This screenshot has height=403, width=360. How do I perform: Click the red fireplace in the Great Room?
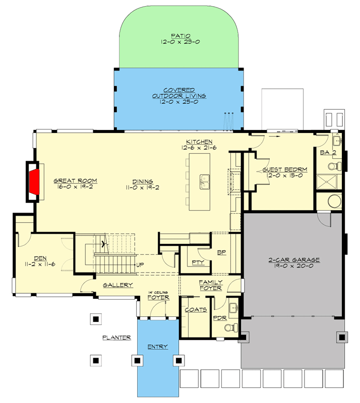(x=34, y=181)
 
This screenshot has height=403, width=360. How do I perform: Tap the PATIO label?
(x=180, y=36)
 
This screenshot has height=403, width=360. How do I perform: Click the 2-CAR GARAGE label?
(x=294, y=260)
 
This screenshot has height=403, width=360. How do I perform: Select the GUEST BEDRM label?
(x=285, y=170)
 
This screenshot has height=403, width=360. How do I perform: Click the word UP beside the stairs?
(x=140, y=265)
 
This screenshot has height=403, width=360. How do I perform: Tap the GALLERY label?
(x=118, y=285)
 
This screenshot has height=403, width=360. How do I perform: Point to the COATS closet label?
(x=196, y=310)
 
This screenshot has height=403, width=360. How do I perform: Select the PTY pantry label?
(x=197, y=262)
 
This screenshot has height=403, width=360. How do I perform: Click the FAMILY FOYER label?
(x=211, y=285)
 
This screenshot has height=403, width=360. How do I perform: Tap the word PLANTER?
(x=116, y=338)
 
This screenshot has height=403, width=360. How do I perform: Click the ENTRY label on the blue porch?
(x=157, y=347)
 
